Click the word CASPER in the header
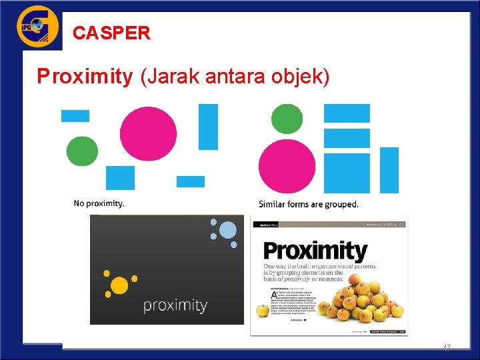click(x=111, y=33)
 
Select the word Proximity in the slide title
click(x=85, y=77)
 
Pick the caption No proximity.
click(x=99, y=203)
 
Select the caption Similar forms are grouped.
click(x=308, y=204)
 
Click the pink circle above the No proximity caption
click(x=148, y=134)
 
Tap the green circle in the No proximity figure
click(x=82, y=151)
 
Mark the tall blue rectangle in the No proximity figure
click(x=208, y=127)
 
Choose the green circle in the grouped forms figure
click(x=287, y=119)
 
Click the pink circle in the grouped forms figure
click(x=287, y=166)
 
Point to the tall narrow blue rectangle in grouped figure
click(x=389, y=170)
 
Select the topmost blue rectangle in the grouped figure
click(x=347, y=113)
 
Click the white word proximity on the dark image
click(x=175, y=305)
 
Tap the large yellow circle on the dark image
click(x=119, y=285)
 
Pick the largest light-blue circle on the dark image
click(x=227, y=231)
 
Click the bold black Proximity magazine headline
click(x=315, y=251)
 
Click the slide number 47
click(x=447, y=348)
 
